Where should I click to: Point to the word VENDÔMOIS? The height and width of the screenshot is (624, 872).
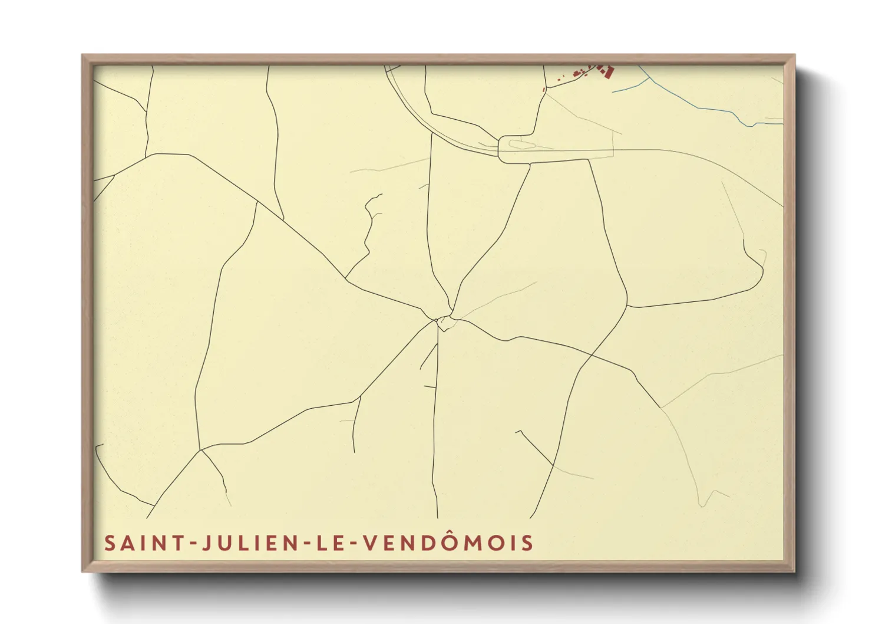[447, 542]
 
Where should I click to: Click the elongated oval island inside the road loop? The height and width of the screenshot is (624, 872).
[518, 143]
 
